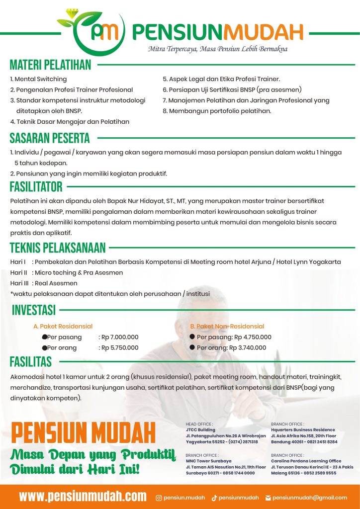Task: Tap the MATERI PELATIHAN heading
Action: [51, 65]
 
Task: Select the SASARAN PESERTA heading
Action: [50, 138]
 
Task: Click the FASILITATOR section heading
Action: [36, 187]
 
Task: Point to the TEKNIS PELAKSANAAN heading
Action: [58, 248]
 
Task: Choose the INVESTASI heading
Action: [34, 310]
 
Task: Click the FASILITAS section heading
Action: [31, 361]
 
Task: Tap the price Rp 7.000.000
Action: [120, 337]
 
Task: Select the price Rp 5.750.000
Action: [120, 348]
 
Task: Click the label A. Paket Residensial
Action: [63, 327]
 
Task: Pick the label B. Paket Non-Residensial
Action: [227, 327]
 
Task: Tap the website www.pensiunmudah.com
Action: [83, 496]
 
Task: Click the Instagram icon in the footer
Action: [159, 498]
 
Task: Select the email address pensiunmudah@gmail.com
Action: [310, 498]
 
